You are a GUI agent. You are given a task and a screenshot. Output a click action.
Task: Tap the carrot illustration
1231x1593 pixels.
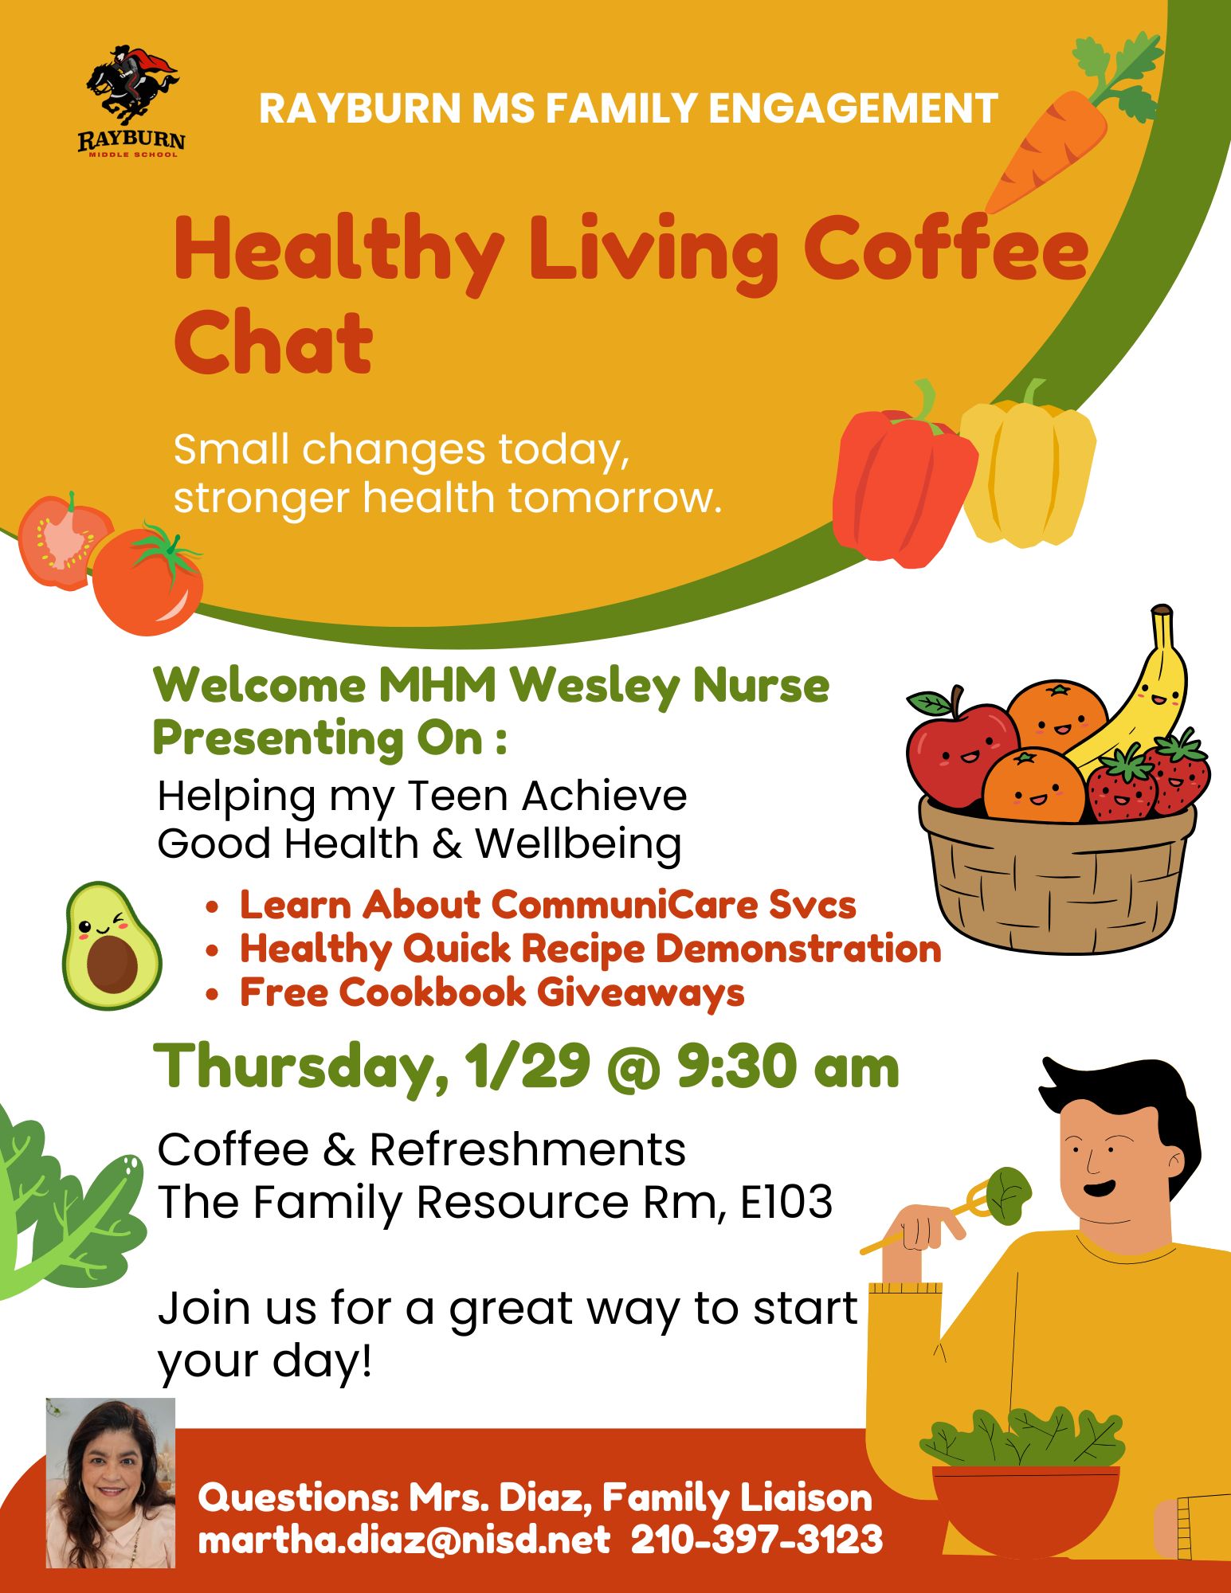(x=1052, y=147)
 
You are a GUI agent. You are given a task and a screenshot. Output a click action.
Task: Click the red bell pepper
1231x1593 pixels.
(x=900, y=486)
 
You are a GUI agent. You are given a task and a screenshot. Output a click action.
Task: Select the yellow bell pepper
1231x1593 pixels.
(x=1028, y=470)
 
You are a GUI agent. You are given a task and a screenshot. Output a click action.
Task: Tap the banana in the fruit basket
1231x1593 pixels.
(x=1147, y=693)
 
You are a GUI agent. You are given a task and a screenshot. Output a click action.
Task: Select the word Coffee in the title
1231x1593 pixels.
(x=944, y=251)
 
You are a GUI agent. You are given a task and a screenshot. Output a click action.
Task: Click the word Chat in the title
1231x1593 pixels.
(x=272, y=344)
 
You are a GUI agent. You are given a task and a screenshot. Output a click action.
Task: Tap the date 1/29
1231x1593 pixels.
(x=529, y=1067)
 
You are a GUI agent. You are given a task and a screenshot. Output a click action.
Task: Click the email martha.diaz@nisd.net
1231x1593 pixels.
(x=404, y=1540)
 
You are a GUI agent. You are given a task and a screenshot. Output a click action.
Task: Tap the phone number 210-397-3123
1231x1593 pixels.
(x=757, y=1540)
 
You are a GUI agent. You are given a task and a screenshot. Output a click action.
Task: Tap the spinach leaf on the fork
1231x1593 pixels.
(x=1008, y=1195)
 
